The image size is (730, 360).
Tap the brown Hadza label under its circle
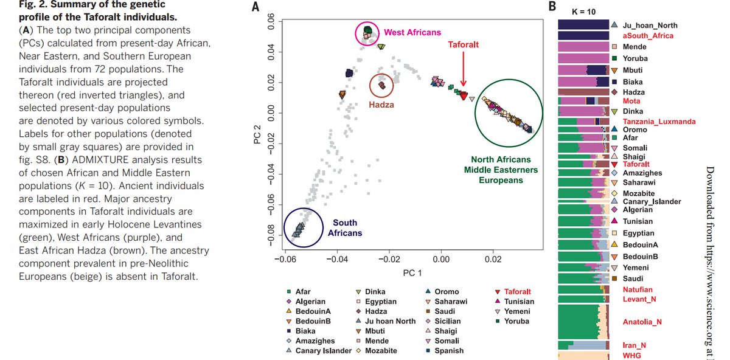[381, 105]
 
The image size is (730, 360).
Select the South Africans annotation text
[345, 227]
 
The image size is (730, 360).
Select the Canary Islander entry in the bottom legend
[323, 350]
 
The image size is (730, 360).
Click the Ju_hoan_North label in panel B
[650, 26]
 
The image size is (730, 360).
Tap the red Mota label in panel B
[631, 100]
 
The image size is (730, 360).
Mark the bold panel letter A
[255, 7]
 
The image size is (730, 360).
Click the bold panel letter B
[552, 7]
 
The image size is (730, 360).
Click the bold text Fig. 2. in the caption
[35, 5]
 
